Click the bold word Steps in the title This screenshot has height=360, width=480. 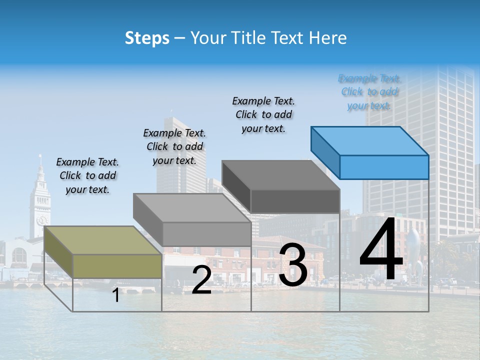tap(147, 38)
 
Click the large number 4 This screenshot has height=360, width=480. tap(381, 250)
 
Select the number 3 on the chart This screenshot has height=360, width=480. tap(293, 265)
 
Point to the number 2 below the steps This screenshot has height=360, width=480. tap(201, 280)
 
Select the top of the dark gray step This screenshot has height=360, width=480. tap(280, 175)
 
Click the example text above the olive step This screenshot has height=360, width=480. tap(87, 175)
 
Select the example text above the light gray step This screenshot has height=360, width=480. tap(174, 146)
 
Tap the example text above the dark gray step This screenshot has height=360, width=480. tap(263, 114)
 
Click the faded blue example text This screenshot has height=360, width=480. tap(369, 91)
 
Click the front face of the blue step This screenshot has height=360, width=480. tap(384, 167)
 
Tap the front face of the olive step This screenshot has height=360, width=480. tap(117, 266)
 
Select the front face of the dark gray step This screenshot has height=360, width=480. tap(295, 201)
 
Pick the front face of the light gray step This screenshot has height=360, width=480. tap(206, 234)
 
